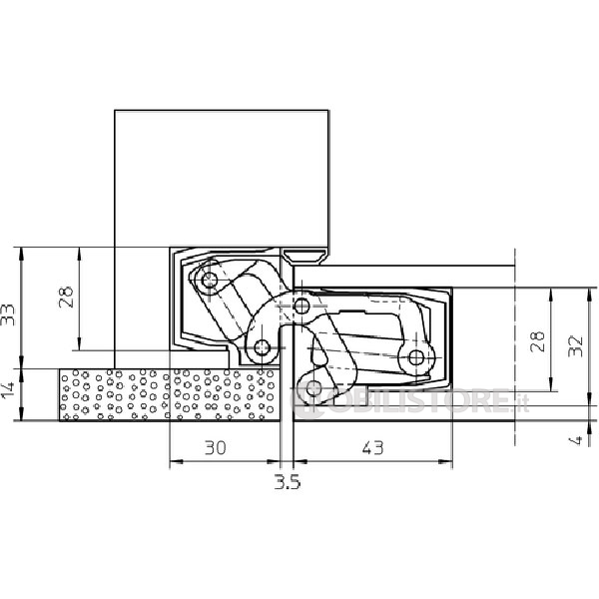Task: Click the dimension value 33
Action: coord(8,314)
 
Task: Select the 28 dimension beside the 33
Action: coord(66,297)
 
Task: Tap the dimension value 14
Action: coord(8,390)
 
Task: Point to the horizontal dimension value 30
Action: coord(216,447)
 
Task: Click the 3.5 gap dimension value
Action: coord(288,482)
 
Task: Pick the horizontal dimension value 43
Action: coord(372,447)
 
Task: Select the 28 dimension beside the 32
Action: coord(537,341)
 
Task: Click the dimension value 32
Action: coord(575,346)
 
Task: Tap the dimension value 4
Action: coord(576,440)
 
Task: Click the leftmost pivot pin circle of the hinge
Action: coord(209,281)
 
